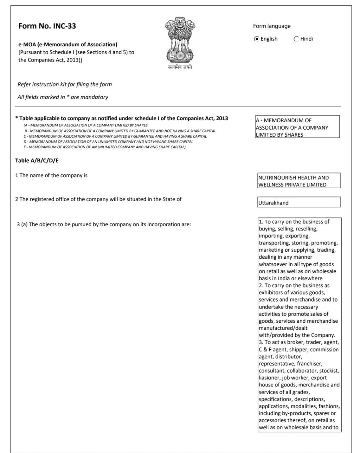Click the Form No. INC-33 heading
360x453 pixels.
47,26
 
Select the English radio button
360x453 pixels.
257,39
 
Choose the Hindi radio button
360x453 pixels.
296,39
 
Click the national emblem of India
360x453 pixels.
180,40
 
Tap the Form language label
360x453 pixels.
272,26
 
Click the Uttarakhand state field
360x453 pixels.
299,202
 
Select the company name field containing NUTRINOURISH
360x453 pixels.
299,181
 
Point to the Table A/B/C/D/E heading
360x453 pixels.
37,161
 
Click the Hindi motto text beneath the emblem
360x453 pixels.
180,67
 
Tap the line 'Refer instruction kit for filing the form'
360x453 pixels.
65,85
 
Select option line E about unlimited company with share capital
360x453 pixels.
104,147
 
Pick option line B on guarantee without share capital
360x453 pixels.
120,131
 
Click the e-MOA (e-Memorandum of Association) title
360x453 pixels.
68,45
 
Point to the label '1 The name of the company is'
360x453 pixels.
51,176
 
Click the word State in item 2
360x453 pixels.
169,199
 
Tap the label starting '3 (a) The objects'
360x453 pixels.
104,224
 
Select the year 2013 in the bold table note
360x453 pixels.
222,119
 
